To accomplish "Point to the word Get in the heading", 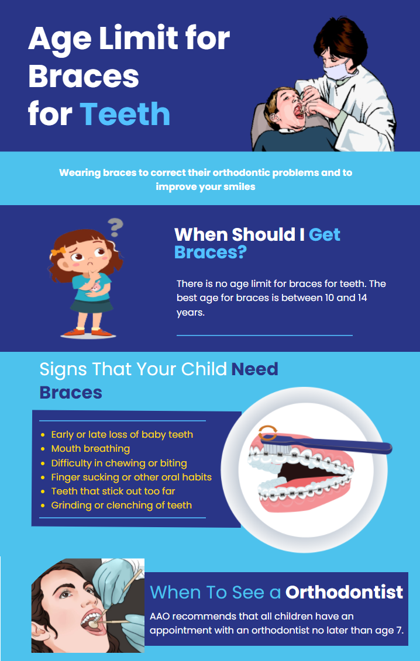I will click(324, 234).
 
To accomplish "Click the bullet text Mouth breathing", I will click(90, 449).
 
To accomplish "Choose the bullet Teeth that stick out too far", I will click(113, 491).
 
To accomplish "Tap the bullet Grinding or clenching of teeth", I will click(121, 505).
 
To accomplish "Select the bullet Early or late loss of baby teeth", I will click(122, 435).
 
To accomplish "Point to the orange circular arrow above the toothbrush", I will click(268, 433).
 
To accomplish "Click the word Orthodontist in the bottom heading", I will click(344, 592).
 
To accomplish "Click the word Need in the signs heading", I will click(254, 369).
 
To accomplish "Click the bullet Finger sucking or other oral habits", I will click(131, 477).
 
